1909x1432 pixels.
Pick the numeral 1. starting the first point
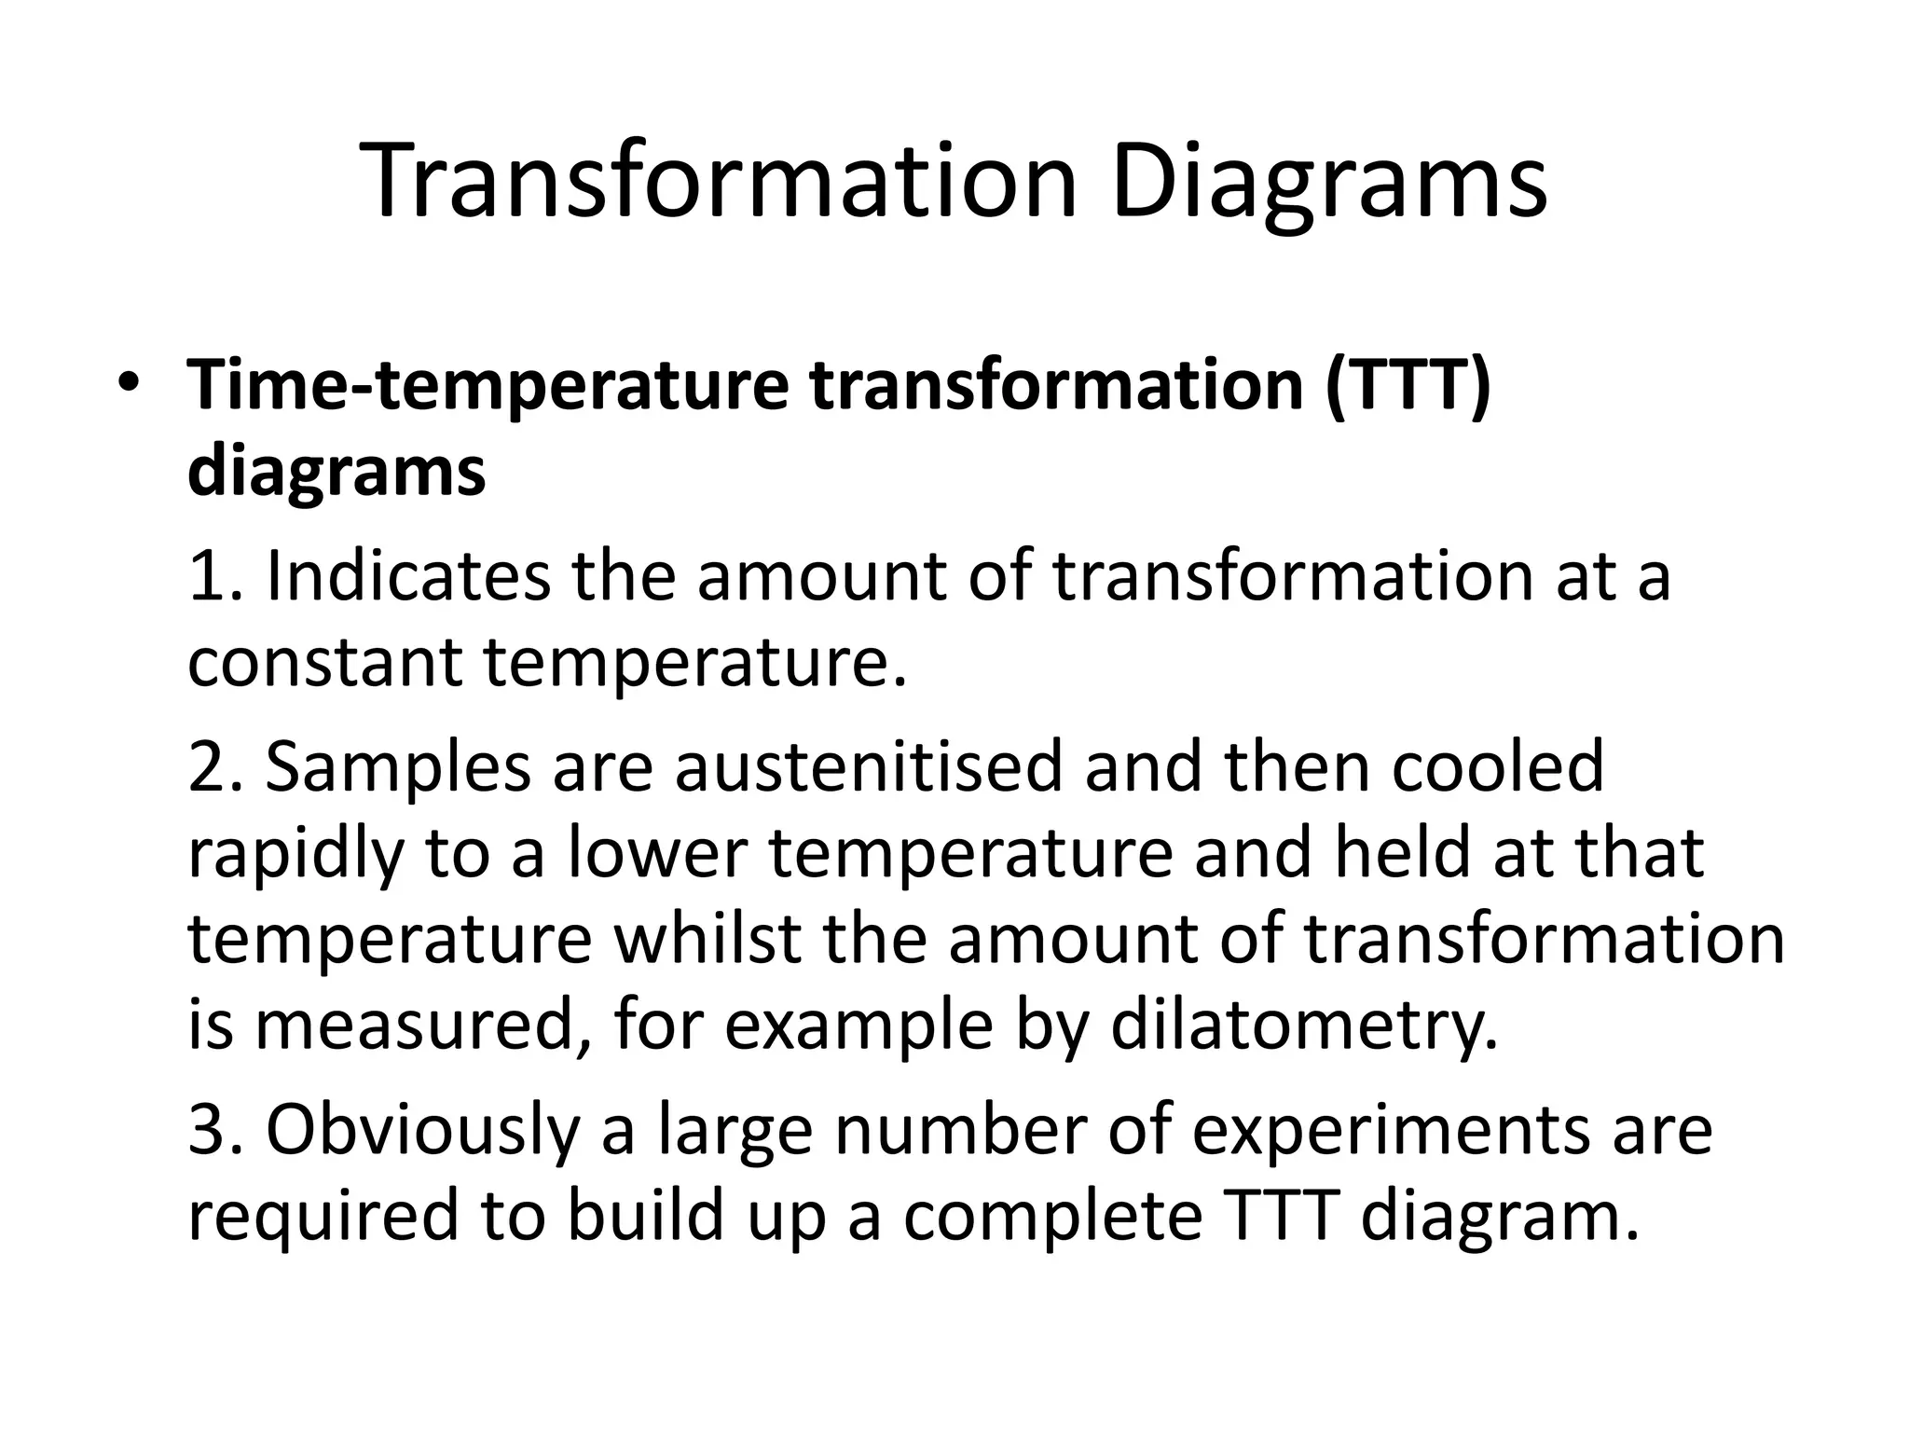pos(214,576)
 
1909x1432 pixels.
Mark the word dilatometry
pos(1305,1028)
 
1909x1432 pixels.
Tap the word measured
pos(422,1028)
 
